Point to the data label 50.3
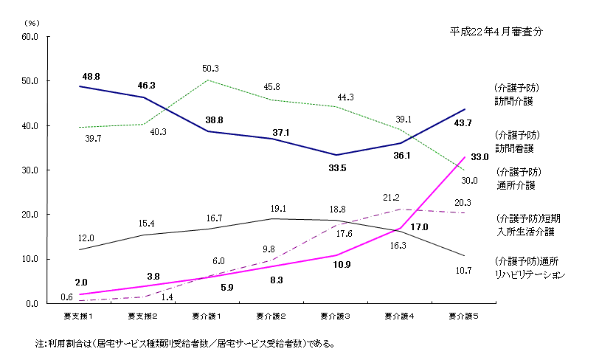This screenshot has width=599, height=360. [210, 69]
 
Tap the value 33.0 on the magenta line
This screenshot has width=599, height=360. [479, 157]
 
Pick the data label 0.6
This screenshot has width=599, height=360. [66, 297]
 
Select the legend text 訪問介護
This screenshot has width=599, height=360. [515, 100]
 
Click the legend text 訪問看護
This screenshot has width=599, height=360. [515, 147]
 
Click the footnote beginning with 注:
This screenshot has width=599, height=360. [184, 344]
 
